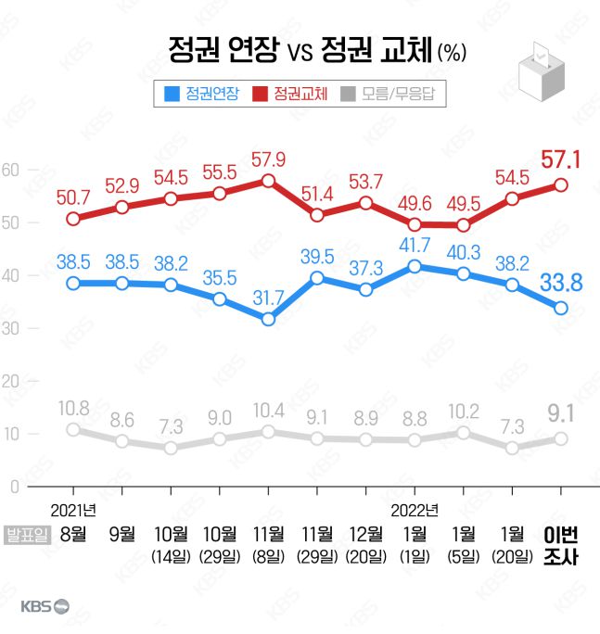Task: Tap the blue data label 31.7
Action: pyautogui.click(x=268, y=298)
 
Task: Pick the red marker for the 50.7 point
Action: pyautogui.click(x=73, y=219)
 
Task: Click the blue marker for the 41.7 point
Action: pyautogui.click(x=415, y=267)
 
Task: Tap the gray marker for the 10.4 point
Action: pyautogui.click(x=268, y=432)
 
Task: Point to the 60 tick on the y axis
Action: pyautogui.click(x=10, y=170)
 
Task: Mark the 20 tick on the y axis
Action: pyautogui.click(x=10, y=381)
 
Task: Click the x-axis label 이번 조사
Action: pyautogui.click(x=560, y=546)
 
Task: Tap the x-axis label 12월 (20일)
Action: pyautogui.click(x=365, y=544)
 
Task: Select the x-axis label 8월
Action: pyautogui.click(x=73, y=534)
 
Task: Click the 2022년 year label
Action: pyautogui.click(x=415, y=509)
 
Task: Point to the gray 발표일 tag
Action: pyautogui.click(x=28, y=534)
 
